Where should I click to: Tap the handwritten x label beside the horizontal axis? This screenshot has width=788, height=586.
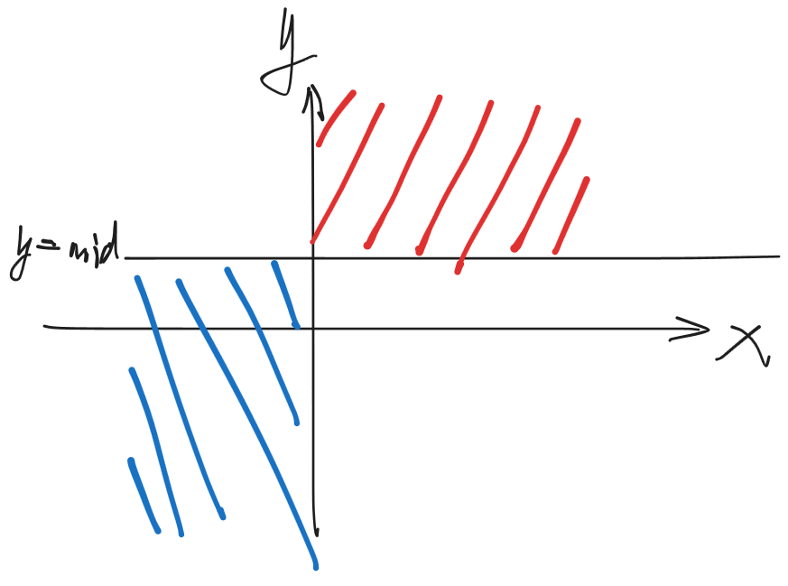[x=744, y=345]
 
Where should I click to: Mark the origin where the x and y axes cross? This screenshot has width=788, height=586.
[x=313, y=328]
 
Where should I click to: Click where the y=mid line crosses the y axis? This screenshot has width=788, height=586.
[x=312, y=258]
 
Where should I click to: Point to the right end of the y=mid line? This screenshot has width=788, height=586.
[x=777, y=257]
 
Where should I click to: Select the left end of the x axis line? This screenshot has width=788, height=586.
[x=45, y=326]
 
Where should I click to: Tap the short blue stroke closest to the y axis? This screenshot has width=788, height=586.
[x=286, y=293]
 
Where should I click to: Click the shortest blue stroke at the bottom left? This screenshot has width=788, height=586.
[x=144, y=496]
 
